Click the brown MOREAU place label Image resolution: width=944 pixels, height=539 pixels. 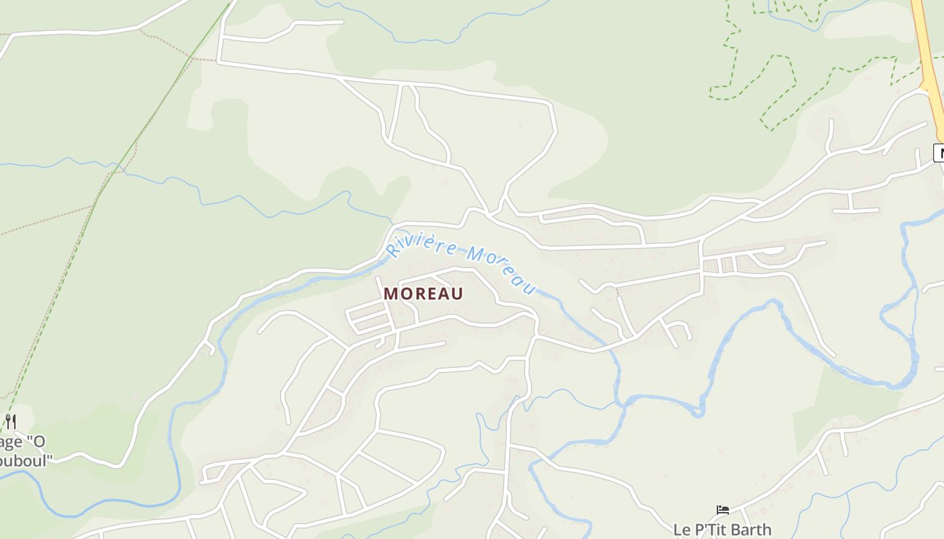point(423,294)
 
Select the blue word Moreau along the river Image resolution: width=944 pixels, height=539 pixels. point(502,269)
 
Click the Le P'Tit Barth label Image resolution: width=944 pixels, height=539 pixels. point(722,530)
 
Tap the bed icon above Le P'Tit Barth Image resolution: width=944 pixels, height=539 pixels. point(723,510)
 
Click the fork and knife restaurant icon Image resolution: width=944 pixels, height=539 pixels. point(10,422)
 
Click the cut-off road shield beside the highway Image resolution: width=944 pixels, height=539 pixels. point(939,153)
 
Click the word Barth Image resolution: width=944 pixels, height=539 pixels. point(750,530)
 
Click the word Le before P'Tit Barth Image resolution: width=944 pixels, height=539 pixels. point(682,530)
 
